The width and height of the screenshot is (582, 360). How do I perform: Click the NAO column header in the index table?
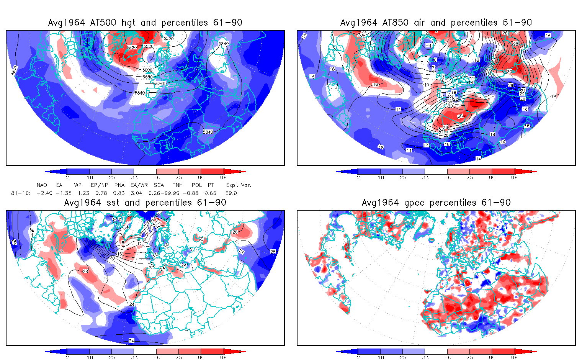coord(42,185)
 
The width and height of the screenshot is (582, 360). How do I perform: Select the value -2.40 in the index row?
coord(44,193)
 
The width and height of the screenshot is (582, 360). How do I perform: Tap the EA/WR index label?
coord(137,185)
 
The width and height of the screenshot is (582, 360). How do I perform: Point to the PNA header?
coord(119,185)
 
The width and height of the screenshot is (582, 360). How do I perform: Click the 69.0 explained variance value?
coord(231,193)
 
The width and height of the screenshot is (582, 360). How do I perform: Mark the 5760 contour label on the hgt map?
coord(160,83)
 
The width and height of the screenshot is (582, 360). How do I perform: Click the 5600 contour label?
coord(147,70)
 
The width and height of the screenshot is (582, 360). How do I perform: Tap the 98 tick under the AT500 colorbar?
coord(223,177)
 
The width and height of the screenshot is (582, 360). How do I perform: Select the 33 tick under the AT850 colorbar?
coord(425,177)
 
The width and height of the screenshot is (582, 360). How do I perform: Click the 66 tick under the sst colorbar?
coord(157,357)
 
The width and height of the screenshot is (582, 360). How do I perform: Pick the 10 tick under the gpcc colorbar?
coord(381,357)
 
